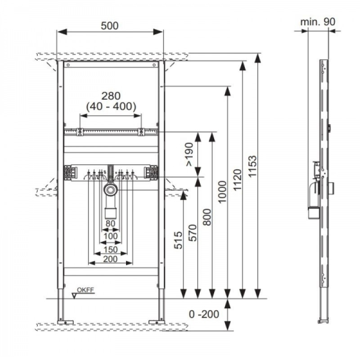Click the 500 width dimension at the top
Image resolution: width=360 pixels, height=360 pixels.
(x=110, y=26)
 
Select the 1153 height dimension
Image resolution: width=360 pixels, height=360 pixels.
(x=252, y=166)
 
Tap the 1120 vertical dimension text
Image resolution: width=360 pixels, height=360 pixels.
(x=238, y=180)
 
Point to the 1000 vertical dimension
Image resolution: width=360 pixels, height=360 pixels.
(x=222, y=192)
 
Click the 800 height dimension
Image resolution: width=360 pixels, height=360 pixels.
(x=207, y=217)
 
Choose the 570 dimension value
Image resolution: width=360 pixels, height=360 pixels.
(x=193, y=233)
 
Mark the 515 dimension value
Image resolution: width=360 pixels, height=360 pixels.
(x=178, y=240)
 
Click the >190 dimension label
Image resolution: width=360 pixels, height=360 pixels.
(x=189, y=154)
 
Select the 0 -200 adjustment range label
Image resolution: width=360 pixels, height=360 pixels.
(x=204, y=314)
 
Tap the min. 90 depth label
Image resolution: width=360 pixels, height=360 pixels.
(x=318, y=22)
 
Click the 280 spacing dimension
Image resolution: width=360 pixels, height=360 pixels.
(x=111, y=96)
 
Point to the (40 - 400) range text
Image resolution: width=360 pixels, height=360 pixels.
(x=111, y=106)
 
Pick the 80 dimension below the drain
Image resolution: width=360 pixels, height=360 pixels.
(x=110, y=224)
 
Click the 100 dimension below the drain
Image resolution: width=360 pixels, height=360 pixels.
(x=111, y=236)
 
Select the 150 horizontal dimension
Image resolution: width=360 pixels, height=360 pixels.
(x=111, y=249)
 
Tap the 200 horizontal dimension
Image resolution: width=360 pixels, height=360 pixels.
(x=110, y=259)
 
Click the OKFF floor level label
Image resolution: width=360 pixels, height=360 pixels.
(x=85, y=290)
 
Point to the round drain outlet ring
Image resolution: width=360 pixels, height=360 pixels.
(x=111, y=190)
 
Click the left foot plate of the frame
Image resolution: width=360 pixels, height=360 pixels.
(x=65, y=322)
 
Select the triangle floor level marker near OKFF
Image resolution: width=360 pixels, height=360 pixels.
(x=74, y=296)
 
